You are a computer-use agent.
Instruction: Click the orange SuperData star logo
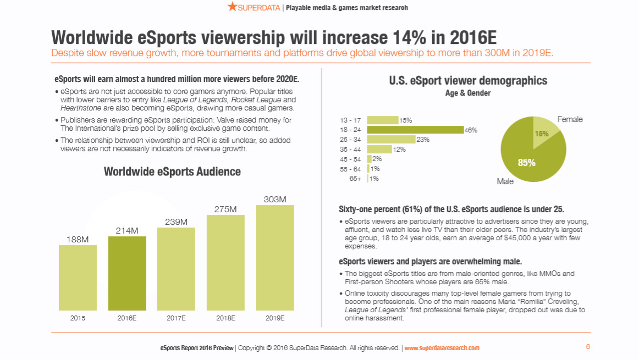tap(232, 7)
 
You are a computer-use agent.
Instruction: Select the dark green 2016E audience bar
tap(127, 273)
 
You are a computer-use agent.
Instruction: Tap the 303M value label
tap(274, 200)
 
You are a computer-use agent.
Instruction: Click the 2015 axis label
tap(78, 318)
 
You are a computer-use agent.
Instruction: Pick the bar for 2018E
tap(225, 263)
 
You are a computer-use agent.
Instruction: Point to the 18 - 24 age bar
tap(415, 130)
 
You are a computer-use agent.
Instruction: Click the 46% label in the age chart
tap(471, 130)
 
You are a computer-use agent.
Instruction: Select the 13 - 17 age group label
tap(350, 120)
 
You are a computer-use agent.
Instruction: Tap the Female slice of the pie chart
tap(544, 130)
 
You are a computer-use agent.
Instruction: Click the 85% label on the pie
tap(526, 163)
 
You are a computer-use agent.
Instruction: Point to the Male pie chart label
tap(505, 181)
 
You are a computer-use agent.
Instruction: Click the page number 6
tap(588, 347)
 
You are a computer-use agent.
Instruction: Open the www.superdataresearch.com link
tap(442, 348)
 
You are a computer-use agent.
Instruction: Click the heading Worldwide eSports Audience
tap(172, 171)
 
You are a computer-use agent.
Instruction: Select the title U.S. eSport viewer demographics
tap(468, 81)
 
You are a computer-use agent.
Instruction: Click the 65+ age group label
tap(355, 179)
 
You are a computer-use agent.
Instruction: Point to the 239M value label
tap(176, 222)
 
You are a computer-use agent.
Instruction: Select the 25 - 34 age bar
tap(391, 140)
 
